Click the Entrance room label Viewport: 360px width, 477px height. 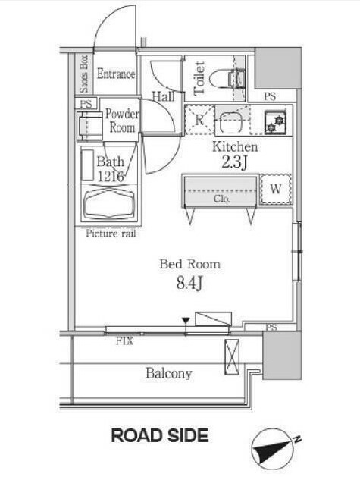116,74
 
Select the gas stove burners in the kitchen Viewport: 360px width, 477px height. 275,121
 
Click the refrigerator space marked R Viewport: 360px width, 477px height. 199,120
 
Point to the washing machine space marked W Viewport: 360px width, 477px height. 275,189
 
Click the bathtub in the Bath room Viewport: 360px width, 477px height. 109,204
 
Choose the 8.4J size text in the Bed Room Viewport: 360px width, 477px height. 189,283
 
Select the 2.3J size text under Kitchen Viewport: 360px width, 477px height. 235,162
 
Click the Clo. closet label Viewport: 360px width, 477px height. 222,199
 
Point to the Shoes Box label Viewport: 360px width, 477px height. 83,74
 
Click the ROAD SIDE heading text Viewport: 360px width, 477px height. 160,435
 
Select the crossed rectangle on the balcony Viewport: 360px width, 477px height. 232,357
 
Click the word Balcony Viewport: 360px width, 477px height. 169,374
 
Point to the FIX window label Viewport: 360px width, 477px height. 124,341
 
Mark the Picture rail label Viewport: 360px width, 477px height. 111,234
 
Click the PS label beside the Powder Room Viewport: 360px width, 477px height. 86,104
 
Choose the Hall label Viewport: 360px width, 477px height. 164,97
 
